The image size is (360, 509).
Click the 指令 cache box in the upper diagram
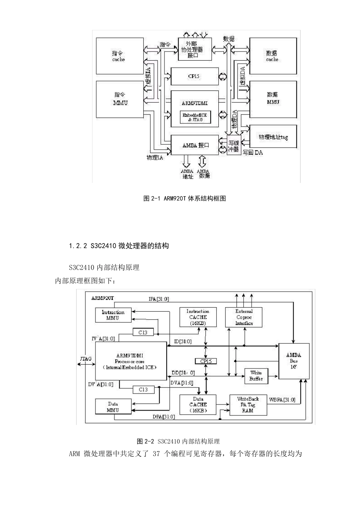click(120, 56)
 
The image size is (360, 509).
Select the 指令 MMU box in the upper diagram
click(120, 98)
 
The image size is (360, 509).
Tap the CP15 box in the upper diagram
click(194, 76)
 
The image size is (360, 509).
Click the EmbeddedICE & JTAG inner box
click(195, 117)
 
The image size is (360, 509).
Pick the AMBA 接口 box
click(194, 145)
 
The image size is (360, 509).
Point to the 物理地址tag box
click(273, 137)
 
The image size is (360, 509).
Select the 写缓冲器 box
click(234, 146)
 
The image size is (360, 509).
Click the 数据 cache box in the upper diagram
click(272, 56)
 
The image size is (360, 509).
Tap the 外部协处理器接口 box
click(194, 49)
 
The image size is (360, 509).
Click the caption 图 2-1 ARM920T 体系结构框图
click(185, 198)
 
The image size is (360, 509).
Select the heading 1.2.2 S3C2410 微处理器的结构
click(119, 246)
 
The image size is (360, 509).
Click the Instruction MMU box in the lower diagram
click(113, 315)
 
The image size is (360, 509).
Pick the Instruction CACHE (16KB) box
click(198, 317)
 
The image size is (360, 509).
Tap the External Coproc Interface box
click(244, 317)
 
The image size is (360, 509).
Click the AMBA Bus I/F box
click(294, 361)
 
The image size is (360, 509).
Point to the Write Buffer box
click(256, 376)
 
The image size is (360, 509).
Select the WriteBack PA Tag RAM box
click(248, 404)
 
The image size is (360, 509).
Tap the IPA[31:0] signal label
click(159, 299)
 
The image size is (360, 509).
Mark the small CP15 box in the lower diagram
click(206, 361)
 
